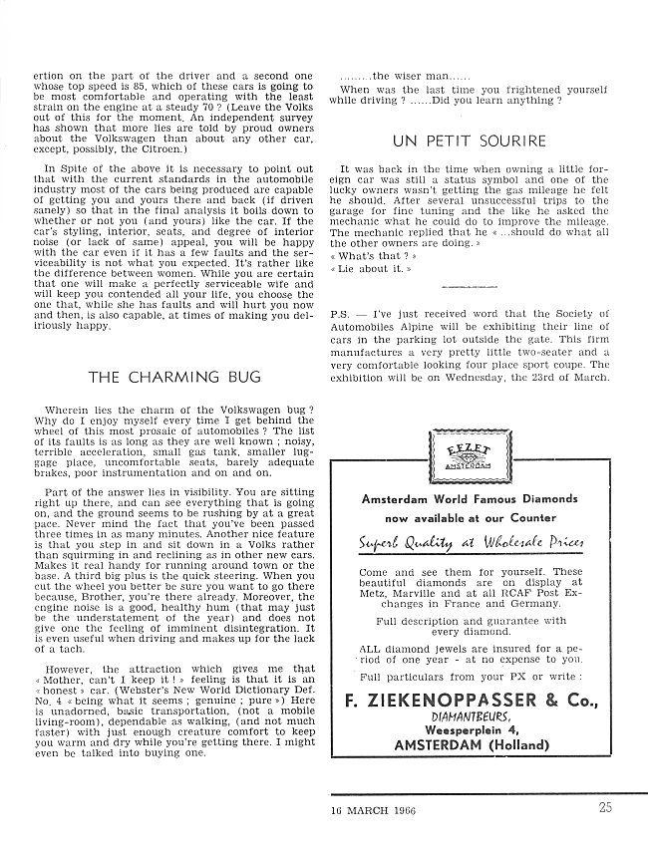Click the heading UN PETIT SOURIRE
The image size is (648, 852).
456,141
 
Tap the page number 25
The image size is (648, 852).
606,808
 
